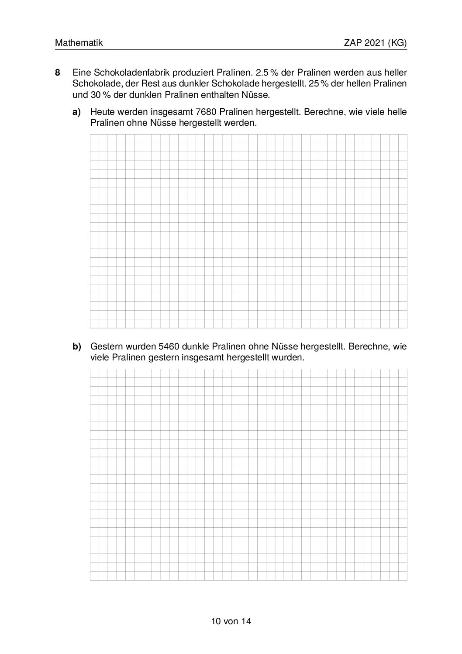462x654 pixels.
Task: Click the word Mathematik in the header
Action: pyautogui.click(x=79, y=43)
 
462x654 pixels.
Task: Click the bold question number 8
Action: pyautogui.click(x=57, y=72)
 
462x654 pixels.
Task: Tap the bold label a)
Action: pyautogui.click(x=77, y=112)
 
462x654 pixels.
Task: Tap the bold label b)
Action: pyautogui.click(x=77, y=346)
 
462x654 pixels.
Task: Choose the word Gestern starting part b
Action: pyautogui.click(x=106, y=346)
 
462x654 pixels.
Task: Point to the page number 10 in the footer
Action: pyautogui.click(x=215, y=621)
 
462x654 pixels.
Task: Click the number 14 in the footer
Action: pyautogui.click(x=246, y=621)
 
